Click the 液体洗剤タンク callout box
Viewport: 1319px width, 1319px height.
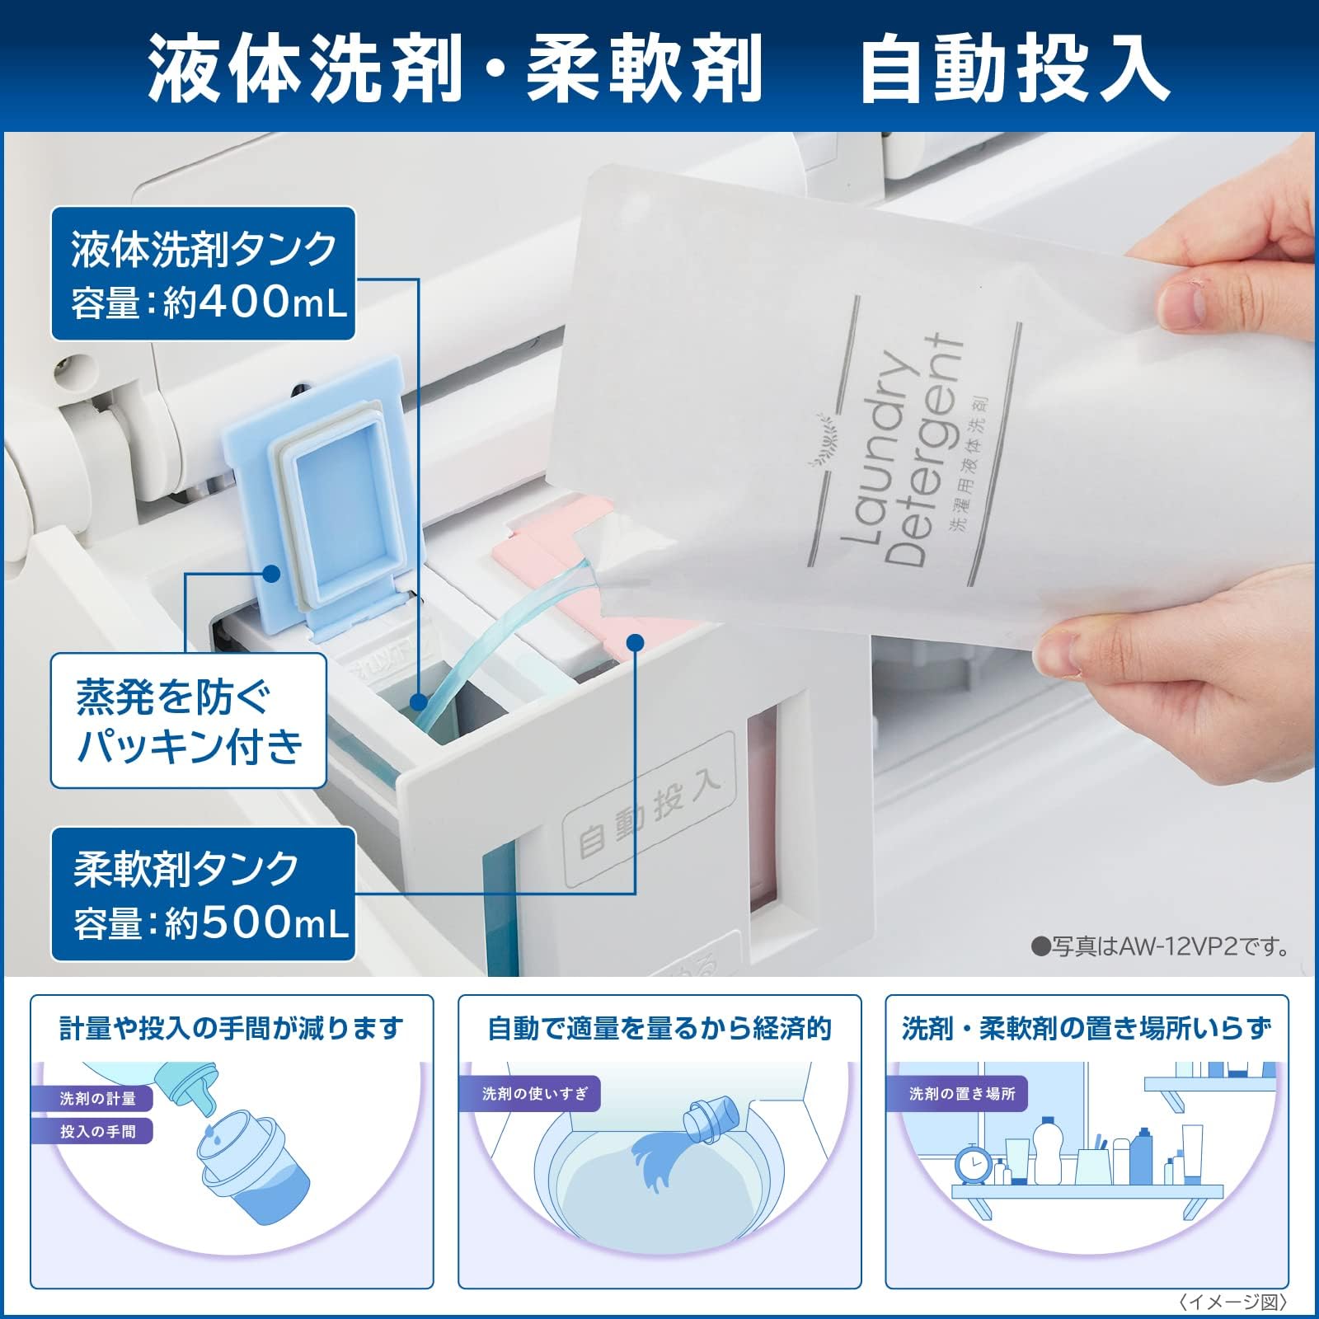pyautogui.click(x=203, y=273)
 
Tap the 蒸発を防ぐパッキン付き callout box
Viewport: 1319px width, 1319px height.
pyautogui.click(x=189, y=720)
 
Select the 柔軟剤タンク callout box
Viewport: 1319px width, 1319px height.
pyautogui.click(x=203, y=894)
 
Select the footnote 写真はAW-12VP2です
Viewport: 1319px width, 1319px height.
pyautogui.click(x=1162, y=946)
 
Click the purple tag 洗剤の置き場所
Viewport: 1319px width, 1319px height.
pyautogui.click(x=961, y=1094)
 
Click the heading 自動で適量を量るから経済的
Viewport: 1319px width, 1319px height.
pyautogui.click(x=659, y=1029)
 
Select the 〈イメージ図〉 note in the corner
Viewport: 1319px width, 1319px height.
pyautogui.click(x=1233, y=1302)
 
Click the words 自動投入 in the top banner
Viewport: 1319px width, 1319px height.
pyautogui.click(x=1014, y=68)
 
